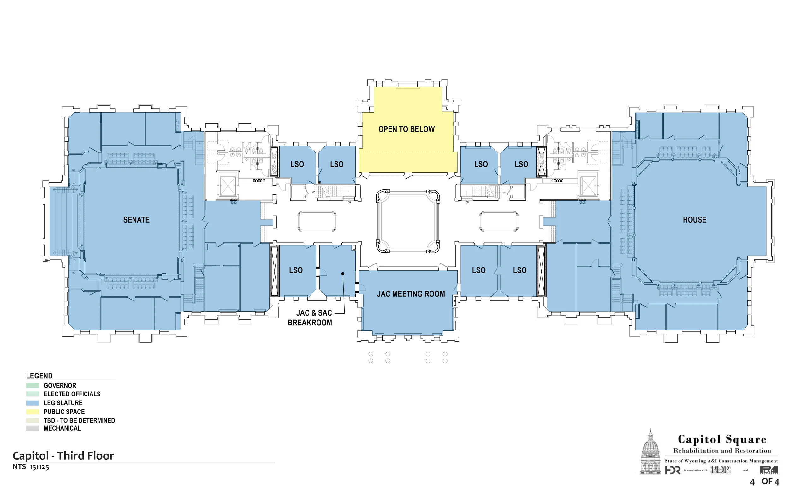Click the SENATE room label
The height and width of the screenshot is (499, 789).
tap(136, 220)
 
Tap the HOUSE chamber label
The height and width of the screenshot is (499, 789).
tap(694, 220)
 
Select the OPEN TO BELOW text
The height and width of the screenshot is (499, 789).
tap(406, 129)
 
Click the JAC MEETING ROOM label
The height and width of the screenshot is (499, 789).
tap(411, 294)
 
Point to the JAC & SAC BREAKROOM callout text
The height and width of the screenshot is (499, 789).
tap(310, 318)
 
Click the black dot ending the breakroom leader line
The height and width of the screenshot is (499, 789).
tap(343, 274)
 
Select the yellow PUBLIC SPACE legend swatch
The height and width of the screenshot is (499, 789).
tap(33, 412)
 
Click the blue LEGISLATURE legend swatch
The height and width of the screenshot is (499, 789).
tap(33, 403)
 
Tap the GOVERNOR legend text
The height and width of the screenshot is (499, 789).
tap(60, 386)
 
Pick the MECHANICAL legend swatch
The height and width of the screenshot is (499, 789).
tap(33, 428)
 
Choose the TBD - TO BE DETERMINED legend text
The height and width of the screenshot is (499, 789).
tap(79, 420)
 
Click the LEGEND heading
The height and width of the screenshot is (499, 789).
tap(39, 376)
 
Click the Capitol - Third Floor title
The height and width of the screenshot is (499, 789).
tap(63, 456)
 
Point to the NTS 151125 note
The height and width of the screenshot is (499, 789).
tap(31, 467)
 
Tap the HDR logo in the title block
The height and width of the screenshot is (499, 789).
tap(673, 471)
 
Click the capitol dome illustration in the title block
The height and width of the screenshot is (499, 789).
tap(651, 452)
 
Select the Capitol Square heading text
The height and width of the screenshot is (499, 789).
tap(722, 439)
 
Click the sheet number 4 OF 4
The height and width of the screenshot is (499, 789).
tap(764, 482)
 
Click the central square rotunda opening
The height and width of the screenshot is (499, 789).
tap(408, 222)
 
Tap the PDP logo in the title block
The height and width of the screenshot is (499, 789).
tap(721, 470)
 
